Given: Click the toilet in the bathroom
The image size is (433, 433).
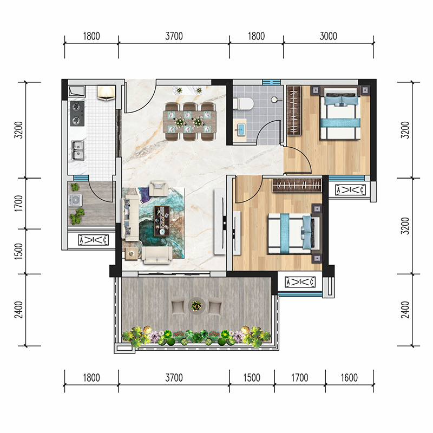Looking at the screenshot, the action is (243, 104).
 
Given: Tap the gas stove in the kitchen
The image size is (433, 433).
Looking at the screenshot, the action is (77, 114).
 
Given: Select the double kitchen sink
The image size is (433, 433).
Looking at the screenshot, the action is (77, 150).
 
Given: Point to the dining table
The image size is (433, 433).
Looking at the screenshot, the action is (189, 121).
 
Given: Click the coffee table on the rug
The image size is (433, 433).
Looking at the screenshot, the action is (162, 221).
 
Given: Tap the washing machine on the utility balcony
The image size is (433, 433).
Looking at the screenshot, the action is (75, 200).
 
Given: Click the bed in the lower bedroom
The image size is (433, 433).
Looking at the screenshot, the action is (293, 234).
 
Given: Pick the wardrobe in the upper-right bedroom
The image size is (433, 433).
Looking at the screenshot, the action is (294, 110).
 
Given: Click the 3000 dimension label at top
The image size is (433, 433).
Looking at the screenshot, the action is (329, 36).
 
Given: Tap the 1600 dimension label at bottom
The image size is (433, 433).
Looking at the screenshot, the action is (349, 377).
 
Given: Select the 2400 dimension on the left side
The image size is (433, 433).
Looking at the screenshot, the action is (19, 310).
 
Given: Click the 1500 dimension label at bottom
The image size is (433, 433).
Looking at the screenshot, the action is (252, 377).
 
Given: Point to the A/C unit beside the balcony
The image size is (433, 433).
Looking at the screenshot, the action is (300, 282).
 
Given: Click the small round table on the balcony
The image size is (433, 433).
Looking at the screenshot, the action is (196, 306).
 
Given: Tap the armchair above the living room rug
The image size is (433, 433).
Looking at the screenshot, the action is (158, 188).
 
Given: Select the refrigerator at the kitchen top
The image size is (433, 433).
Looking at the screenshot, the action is (106, 92).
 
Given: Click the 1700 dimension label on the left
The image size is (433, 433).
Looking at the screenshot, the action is (19, 204).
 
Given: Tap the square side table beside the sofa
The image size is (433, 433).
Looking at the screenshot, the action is (132, 254).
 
